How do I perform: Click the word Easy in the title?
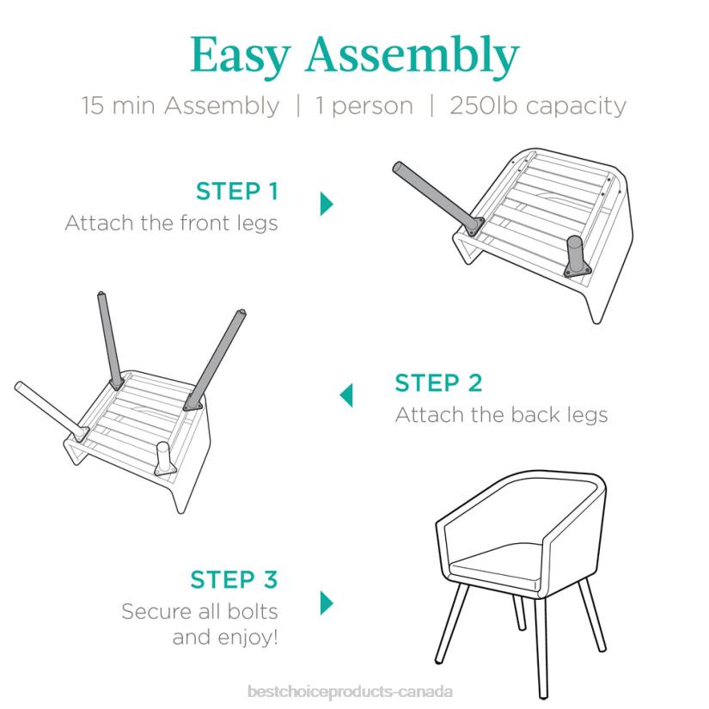(240, 56)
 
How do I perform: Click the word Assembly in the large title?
(413, 56)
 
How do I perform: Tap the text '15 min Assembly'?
(180, 107)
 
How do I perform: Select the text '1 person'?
(364, 107)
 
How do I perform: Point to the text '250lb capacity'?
(538, 107)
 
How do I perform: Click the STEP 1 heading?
(237, 191)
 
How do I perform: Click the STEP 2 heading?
(438, 383)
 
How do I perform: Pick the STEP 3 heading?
(234, 579)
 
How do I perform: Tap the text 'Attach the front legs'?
(171, 223)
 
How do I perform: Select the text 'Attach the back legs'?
(501, 415)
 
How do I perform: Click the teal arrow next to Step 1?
(327, 204)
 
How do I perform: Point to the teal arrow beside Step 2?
(346, 395)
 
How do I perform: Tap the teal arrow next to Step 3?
(327, 602)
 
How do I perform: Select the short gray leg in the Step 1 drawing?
(577, 256)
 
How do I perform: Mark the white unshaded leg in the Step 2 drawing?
(51, 411)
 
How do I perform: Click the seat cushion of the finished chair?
(497, 568)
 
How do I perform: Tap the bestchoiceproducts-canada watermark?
(350, 692)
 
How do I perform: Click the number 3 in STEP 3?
(271, 579)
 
